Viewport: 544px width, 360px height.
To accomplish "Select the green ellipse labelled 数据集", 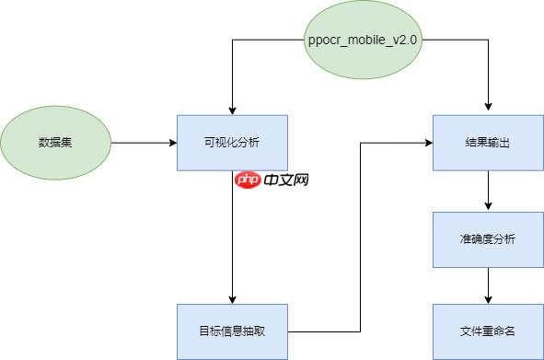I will coord(55,143).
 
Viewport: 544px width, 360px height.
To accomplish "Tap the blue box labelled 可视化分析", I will coord(232,143).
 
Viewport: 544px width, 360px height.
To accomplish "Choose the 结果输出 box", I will coord(488,143).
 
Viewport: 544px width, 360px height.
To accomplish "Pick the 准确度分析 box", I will coord(488,239).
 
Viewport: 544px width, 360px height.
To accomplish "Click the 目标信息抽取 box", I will coord(232,331).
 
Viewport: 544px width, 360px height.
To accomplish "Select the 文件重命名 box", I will coord(488,331).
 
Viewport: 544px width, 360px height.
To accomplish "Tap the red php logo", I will coord(248,180).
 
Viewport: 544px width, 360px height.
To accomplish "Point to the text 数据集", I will coord(55,143).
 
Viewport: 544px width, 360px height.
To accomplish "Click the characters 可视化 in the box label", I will coord(222,143).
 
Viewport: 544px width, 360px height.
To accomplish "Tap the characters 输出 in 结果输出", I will coord(499,143).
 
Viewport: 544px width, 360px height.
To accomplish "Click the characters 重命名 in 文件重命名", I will coord(499,331).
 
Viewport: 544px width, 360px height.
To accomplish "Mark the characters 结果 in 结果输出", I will coord(477,143).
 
